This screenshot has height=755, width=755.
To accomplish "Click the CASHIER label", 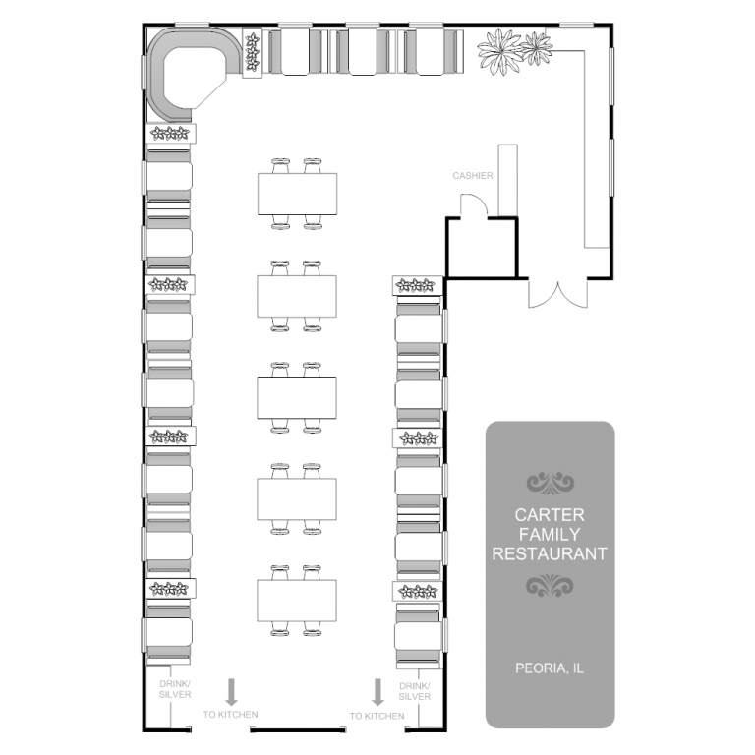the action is coord(472,176).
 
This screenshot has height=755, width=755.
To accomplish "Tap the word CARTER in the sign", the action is coord(550,515).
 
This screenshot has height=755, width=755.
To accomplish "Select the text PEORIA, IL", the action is coord(550,668).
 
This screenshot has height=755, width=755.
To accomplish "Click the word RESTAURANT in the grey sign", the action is coord(550,553).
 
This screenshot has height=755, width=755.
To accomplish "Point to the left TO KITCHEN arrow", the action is coord(232,692).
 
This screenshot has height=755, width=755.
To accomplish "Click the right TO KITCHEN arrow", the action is coord(377,692).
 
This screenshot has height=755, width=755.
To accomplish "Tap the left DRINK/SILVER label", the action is coord(175,689).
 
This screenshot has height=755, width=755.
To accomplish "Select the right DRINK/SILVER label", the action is coord(415,691).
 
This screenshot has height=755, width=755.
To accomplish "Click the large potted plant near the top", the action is coord(500,51).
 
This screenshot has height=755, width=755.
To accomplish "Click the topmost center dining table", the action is coord(297,194).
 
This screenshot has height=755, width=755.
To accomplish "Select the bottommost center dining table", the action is coord(297,601).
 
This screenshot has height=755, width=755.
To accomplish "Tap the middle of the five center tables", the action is coord(297,398).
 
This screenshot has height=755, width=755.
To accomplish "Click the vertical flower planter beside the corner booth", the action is coord(252,52).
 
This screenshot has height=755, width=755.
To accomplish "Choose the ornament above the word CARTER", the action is coord(550,483).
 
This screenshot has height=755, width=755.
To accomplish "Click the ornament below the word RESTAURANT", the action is coord(550,585).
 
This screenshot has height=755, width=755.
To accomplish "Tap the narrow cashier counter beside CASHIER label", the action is coord(507,181).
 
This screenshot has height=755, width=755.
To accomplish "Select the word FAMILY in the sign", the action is coord(550,535).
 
